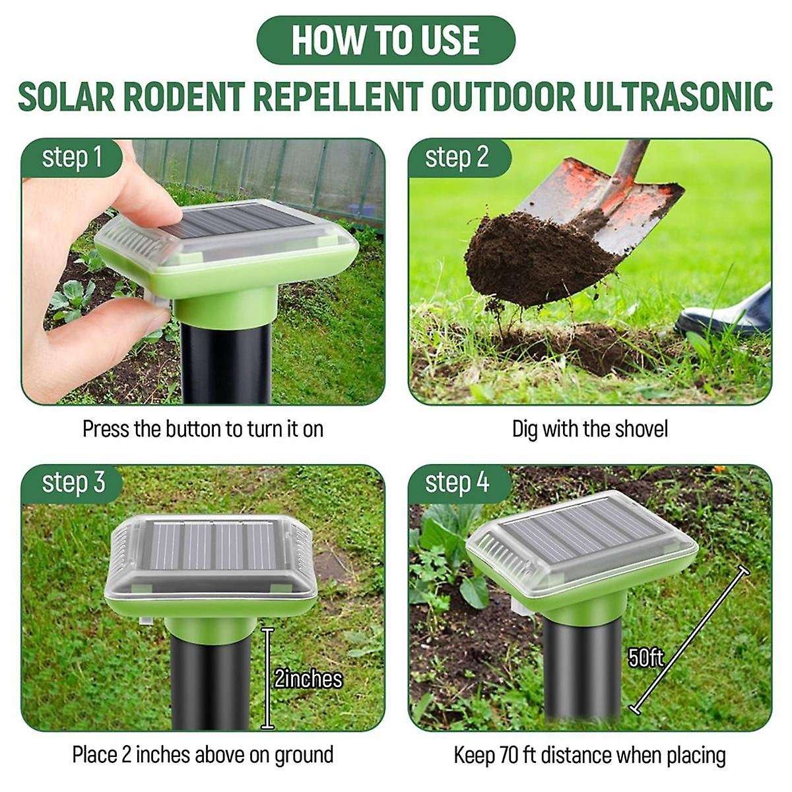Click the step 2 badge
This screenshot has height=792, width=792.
(x=457, y=158)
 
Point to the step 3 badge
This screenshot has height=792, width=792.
(x=73, y=482)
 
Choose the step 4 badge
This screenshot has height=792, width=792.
(x=457, y=482)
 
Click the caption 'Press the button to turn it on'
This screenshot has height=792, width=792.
(x=203, y=429)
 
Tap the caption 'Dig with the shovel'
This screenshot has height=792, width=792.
(x=590, y=429)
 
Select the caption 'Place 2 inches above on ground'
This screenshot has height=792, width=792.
(x=203, y=754)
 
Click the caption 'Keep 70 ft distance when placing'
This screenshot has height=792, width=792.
(x=590, y=754)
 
